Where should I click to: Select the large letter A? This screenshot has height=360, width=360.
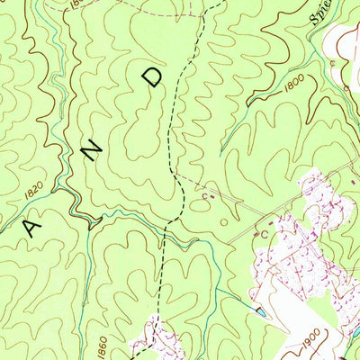[x=33, y=227]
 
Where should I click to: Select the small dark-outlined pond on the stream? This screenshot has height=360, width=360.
[x=259, y=312]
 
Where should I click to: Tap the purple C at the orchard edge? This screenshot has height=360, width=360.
[x=265, y=232]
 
